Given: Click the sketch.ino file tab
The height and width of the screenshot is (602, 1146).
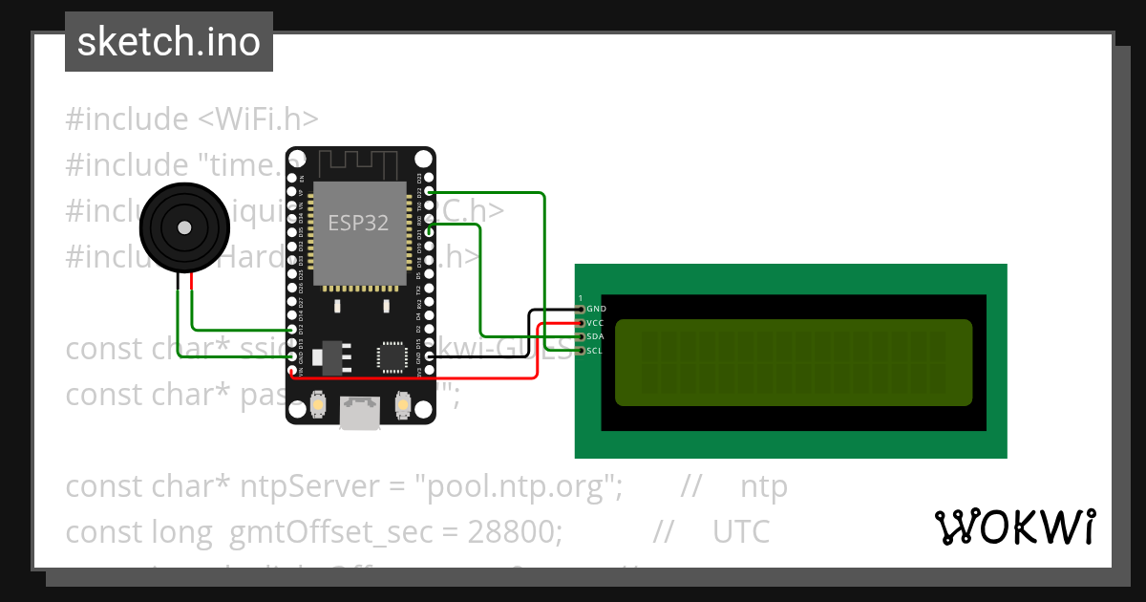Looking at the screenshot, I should point(169,42).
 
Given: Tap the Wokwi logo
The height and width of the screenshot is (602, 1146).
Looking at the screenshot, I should point(1015,527).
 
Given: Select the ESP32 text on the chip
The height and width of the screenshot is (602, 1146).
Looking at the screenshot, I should point(358,223).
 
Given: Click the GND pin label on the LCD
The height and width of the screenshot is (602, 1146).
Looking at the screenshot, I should point(596,309).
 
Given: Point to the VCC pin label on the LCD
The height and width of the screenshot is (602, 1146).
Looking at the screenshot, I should point(595,323).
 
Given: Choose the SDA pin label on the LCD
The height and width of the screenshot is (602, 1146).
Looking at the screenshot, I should point(595,336).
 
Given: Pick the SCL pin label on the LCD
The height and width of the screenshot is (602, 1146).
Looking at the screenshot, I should point(595,351).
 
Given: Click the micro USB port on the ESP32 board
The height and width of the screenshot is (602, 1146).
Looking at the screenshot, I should point(360,410).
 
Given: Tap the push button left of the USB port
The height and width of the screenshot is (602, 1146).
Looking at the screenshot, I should point(316,405).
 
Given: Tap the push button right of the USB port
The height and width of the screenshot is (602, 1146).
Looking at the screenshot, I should point(403,405).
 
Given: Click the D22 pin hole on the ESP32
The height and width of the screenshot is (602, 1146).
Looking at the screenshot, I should point(429,192).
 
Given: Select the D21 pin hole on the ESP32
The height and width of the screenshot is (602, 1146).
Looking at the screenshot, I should point(429,232).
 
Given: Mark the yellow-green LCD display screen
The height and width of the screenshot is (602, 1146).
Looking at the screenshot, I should point(793,361).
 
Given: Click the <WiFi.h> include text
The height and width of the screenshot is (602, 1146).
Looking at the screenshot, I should point(258,119).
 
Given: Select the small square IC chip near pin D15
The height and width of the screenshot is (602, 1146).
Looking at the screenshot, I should point(392,356).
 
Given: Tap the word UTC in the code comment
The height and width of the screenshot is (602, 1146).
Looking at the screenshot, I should point(741,531).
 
